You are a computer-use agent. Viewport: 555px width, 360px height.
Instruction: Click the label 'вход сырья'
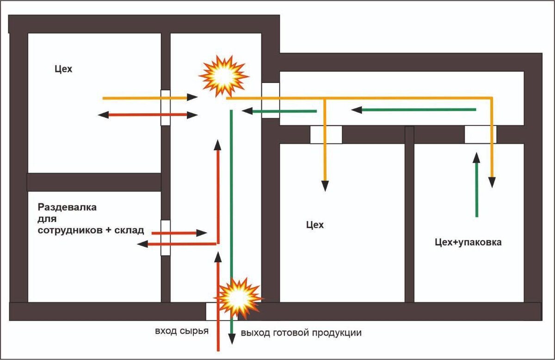tap(182, 331)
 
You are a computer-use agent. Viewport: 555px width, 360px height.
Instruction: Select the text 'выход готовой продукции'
tap(301, 333)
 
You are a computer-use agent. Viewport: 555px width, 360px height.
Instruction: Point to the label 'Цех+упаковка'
tap(468, 242)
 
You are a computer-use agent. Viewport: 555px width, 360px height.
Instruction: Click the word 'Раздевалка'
tap(68, 207)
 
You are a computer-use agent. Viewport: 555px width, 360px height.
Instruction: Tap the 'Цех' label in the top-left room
tap(63, 69)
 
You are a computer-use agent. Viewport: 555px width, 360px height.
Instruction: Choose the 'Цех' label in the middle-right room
tap(315, 225)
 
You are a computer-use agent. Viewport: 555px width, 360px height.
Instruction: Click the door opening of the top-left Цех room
tap(166, 107)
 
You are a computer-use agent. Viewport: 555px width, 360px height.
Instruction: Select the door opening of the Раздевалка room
tap(166, 237)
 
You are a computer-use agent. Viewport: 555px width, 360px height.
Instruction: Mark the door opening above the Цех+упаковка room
tap(480, 134)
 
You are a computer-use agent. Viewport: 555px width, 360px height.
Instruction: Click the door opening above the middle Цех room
tap(326, 135)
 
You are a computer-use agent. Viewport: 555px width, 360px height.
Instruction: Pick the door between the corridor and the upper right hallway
tap(271, 100)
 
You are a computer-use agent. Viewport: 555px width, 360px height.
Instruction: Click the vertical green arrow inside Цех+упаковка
tap(477, 185)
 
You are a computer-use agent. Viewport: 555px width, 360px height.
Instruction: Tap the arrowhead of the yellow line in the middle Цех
tap(325, 186)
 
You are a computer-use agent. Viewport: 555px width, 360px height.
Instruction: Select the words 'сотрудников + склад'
tap(91, 230)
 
